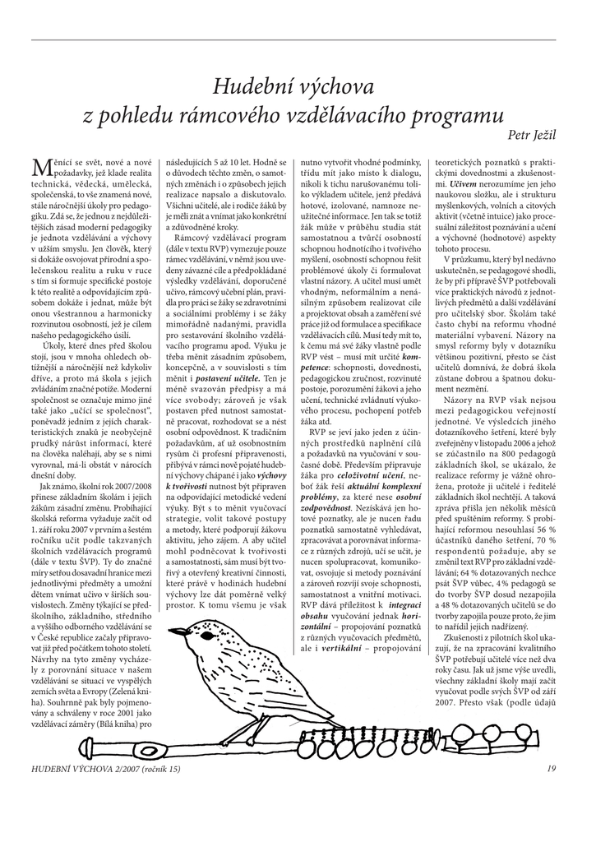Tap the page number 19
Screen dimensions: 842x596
coord(551,769)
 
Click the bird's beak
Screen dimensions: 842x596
coord(174,632)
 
